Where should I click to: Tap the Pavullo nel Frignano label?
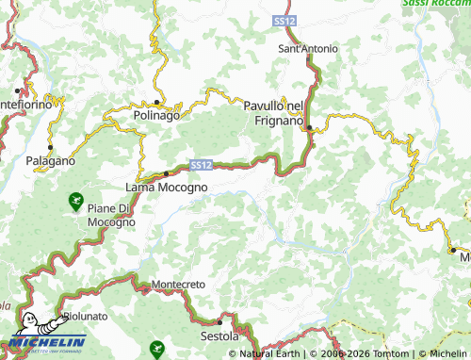click(273, 114)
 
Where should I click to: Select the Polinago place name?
click(155, 114)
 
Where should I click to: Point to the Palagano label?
click(50, 161)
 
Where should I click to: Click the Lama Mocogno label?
click(166, 188)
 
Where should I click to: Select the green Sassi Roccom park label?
click(435, 4)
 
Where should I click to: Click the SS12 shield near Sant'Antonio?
click(284, 20)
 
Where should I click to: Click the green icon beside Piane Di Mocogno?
click(74, 200)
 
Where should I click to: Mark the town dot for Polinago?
click(156, 102)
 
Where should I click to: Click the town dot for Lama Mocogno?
click(167, 173)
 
